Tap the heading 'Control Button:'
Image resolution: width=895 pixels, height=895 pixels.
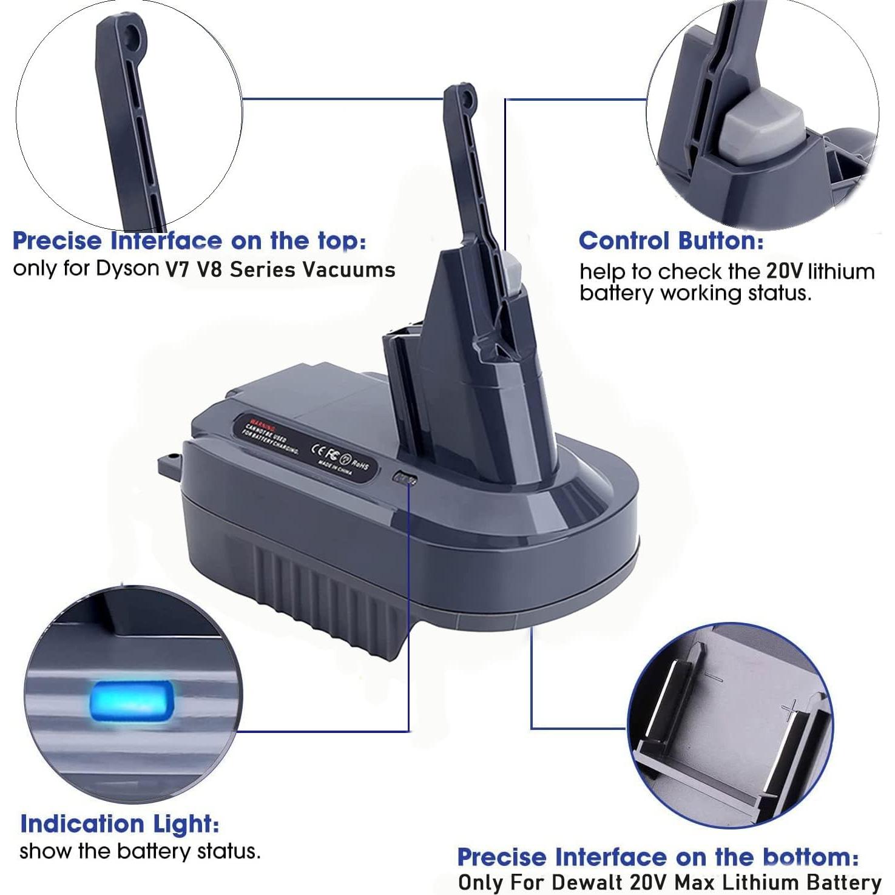pos(671,241)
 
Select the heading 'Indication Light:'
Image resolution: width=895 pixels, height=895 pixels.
pos(120,824)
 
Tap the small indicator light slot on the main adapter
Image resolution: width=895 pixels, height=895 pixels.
pos(406,479)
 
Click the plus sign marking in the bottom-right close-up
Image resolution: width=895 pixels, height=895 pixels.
pos(789,707)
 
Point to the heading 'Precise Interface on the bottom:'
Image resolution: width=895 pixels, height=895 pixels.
pos(657,857)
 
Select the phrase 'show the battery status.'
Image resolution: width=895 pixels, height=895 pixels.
pos(140,851)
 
